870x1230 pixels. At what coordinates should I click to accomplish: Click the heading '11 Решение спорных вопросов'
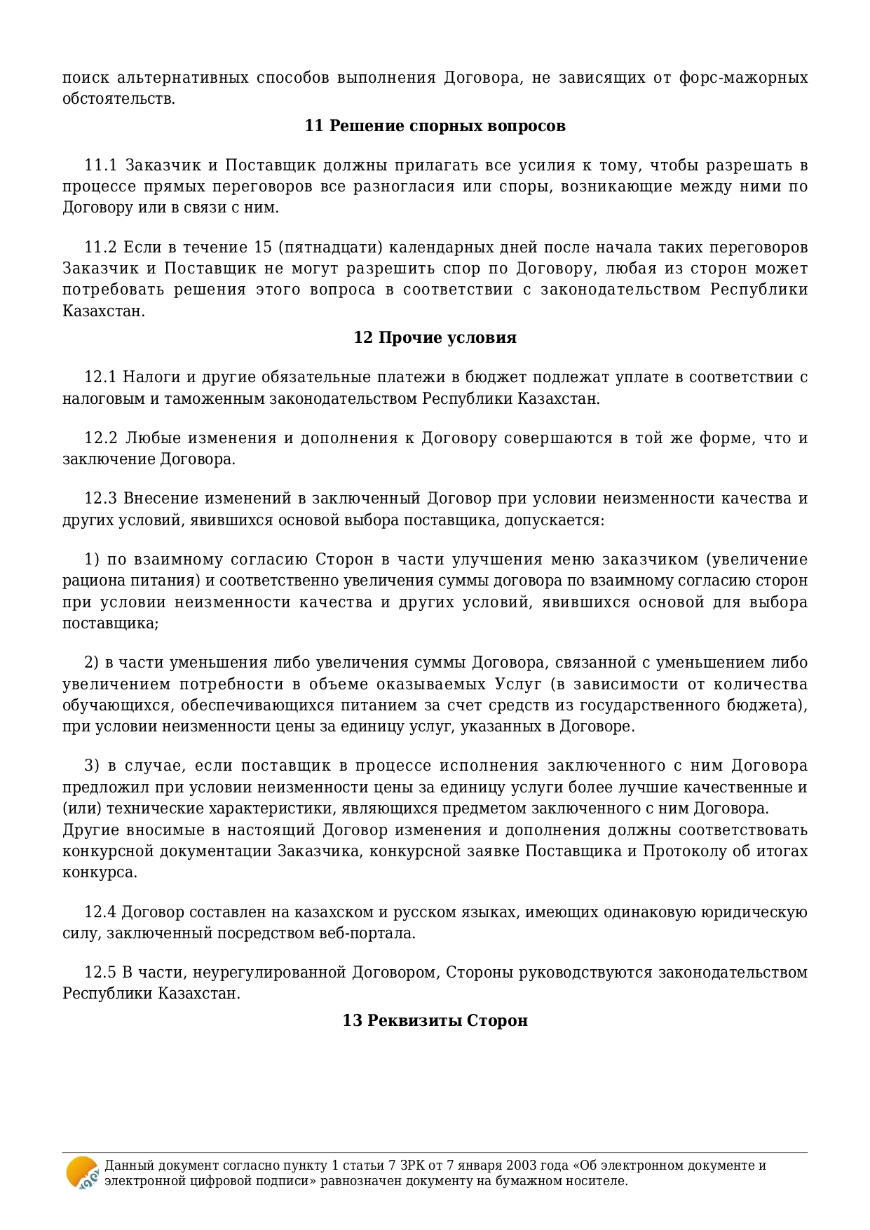click(x=435, y=126)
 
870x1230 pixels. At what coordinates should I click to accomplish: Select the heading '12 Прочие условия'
click(x=435, y=338)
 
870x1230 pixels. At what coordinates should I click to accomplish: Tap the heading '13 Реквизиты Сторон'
click(x=435, y=1020)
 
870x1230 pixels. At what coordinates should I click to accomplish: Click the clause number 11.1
click(x=100, y=166)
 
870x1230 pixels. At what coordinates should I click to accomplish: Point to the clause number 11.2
click(x=100, y=248)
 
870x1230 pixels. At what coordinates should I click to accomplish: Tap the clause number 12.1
click(x=100, y=378)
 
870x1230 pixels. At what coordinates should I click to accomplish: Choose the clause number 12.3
click(x=100, y=499)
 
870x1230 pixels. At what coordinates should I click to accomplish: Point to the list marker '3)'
click(x=92, y=766)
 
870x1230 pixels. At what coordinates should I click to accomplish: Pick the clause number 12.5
click(x=100, y=973)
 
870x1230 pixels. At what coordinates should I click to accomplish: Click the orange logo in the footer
click(x=82, y=1172)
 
